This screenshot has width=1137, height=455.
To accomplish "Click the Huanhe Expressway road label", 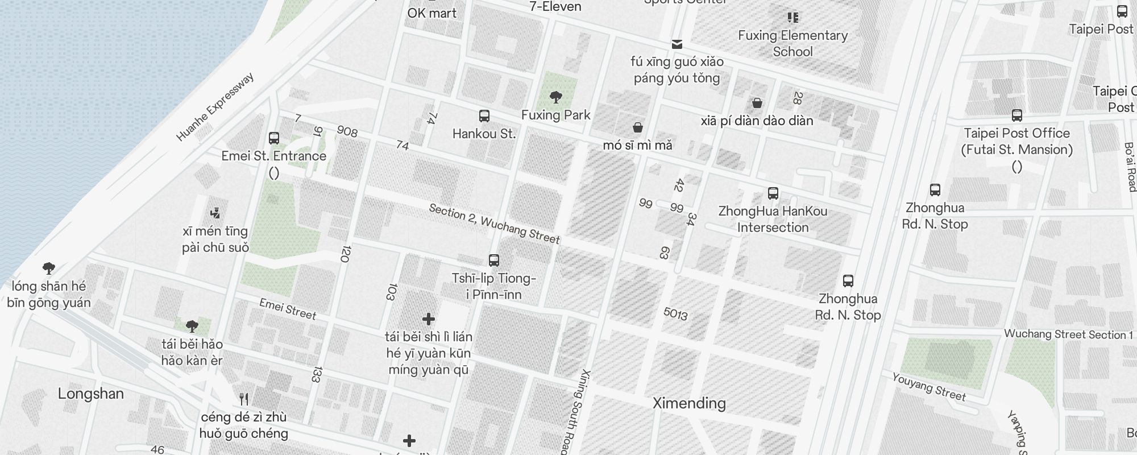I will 215,107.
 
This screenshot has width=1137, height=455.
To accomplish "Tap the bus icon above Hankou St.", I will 484,116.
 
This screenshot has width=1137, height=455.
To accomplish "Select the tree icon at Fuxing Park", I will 556,97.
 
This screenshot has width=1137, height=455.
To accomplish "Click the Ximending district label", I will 689,403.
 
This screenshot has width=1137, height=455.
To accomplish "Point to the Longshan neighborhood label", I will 91,394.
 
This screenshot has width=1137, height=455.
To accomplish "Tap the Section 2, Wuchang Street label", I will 494,224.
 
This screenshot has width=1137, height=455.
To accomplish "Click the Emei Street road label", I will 288,309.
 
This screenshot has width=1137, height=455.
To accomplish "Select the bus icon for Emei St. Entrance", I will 273,138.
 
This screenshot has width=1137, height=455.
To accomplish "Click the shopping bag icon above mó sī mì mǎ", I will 638,127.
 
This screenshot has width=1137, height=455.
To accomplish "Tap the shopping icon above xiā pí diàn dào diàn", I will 757,103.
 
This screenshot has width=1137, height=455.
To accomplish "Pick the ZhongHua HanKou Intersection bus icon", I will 773,193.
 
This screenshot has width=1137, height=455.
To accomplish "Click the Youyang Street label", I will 928,387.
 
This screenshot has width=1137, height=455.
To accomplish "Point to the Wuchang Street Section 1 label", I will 1068,334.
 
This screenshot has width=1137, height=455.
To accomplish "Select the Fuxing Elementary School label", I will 792,43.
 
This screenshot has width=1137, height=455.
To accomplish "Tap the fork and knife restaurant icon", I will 244,399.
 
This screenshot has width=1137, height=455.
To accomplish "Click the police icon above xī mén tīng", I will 215,213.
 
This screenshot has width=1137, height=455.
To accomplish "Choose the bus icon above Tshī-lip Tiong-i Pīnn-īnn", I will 493,260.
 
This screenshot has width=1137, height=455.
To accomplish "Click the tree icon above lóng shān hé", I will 49,268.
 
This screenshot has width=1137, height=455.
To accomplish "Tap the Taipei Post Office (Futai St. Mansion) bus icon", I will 1016,116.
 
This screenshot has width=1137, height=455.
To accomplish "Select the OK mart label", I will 431,13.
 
